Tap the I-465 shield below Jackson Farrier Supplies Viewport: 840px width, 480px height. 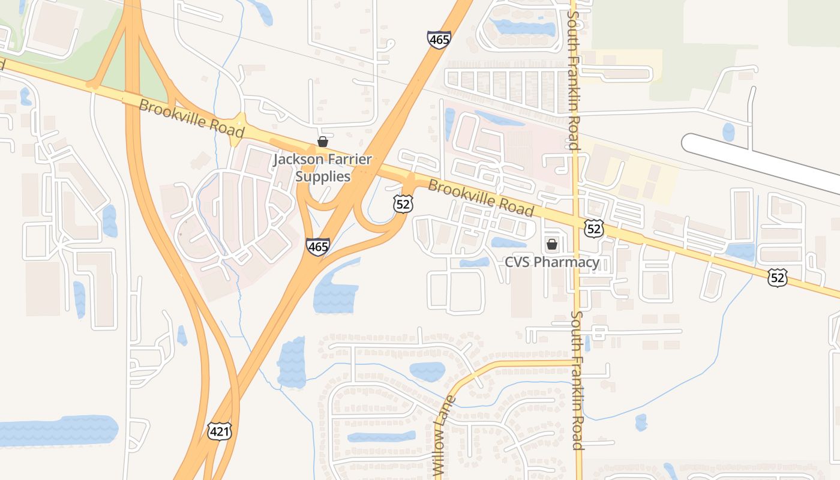(317, 246)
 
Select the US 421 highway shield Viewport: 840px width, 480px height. (220, 430)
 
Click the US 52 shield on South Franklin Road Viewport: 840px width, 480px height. (594, 229)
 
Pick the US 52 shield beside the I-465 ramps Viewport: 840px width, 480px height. (403, 203)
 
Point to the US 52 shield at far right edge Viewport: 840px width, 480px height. (778, 277)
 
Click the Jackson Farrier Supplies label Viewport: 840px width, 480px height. (323, 168)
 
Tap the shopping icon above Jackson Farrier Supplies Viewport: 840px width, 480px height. (323, 142)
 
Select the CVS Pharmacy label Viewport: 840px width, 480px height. (551, 262)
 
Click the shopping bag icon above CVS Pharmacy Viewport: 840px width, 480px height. (551, 244)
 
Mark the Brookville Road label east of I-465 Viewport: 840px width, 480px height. (481, 198)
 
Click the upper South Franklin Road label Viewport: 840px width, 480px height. (573, 75)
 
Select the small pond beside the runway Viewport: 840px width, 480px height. (728, 132)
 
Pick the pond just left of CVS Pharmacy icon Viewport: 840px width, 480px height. (509, 242)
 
